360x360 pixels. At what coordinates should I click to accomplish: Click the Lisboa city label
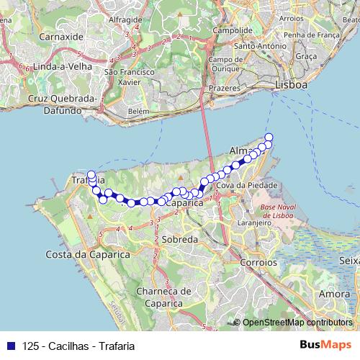291,85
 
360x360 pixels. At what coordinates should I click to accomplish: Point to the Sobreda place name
179,238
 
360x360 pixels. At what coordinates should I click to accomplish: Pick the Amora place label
334,294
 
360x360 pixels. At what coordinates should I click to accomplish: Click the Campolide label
228,32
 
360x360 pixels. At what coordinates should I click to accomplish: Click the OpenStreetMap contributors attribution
297,323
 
